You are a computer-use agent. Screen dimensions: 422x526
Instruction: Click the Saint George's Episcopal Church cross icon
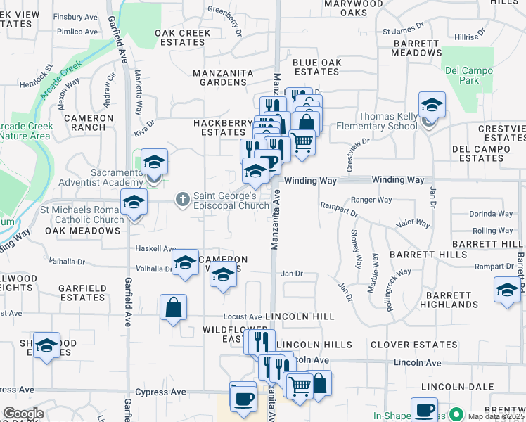[x=182, y=200]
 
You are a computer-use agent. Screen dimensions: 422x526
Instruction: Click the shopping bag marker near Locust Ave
[x=173, y=309]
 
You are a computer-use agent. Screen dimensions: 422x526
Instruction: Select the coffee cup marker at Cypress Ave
[x=243, y=397]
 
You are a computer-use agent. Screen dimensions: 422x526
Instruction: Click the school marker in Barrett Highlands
[x=507, y=290]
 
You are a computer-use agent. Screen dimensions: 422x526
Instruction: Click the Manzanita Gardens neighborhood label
[x=219, y=82]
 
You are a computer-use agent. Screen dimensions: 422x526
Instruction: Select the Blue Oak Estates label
[x=316, y=67]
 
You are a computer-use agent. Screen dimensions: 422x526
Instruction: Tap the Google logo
[x=23, y=414]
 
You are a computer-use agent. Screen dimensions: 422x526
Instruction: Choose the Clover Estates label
[x=413, y=345]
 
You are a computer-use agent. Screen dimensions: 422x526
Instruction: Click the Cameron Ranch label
[x=89, y=122]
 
